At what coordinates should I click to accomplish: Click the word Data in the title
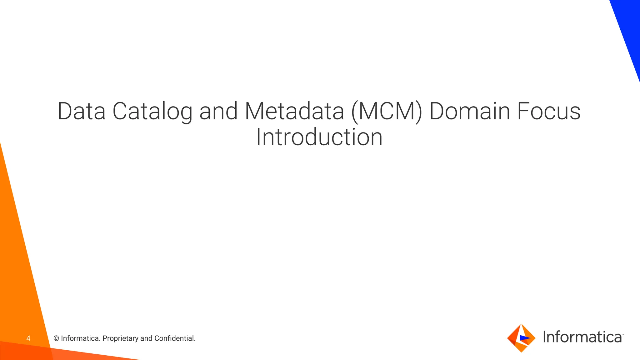(82, 111)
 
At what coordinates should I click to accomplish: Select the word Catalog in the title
(152, 112)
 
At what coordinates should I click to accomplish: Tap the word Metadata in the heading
(294, 111)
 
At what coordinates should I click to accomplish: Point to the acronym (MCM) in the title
(387, 112)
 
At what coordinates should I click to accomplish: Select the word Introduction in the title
(319, 137)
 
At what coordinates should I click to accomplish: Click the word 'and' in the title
(218, 111)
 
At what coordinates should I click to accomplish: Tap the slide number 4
(28, 338)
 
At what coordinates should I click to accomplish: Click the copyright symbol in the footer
(56, 338)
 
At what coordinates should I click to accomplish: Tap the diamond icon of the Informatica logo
(521, 338)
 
